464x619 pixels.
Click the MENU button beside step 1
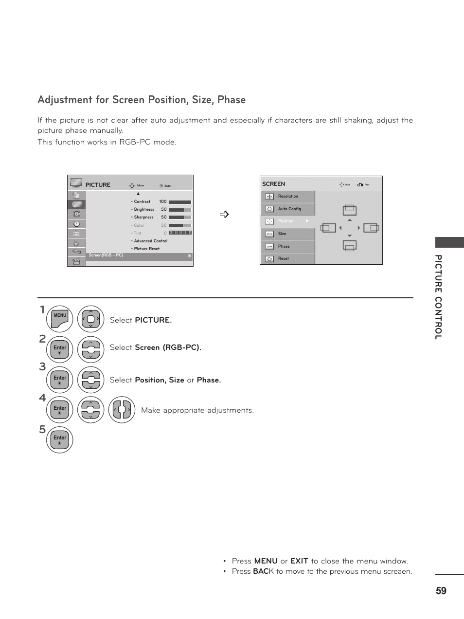(x=60, y=319)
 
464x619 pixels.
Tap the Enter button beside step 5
(x=60, y=439)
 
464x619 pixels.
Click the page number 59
(x=441, y=591)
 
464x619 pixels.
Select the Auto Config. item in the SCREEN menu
(x=289, y=209)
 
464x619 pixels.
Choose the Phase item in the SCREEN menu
(x=284, y=246)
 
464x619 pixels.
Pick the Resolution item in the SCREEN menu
(x=288, y=196)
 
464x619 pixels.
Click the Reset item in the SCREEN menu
(x=283, y=258)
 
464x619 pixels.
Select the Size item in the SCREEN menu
(x=282, y=234)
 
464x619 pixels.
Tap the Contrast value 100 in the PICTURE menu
(x=162, y=201)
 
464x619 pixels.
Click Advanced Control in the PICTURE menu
(x=150, y=241)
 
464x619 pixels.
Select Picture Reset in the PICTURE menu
(x=146, y=249)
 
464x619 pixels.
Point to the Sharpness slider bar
(x=179, y=218)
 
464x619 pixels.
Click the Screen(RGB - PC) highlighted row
(x=139, y=256)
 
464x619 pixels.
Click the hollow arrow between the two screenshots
(x=224, y=214)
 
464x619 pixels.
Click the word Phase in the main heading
(x=232, y=100)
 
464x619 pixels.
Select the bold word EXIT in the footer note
(x=299, y=561)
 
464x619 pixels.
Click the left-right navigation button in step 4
(x=122, y=410)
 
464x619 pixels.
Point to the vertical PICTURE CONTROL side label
(x=439, y=297)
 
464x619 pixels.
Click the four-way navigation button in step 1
(x=91, y=319)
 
